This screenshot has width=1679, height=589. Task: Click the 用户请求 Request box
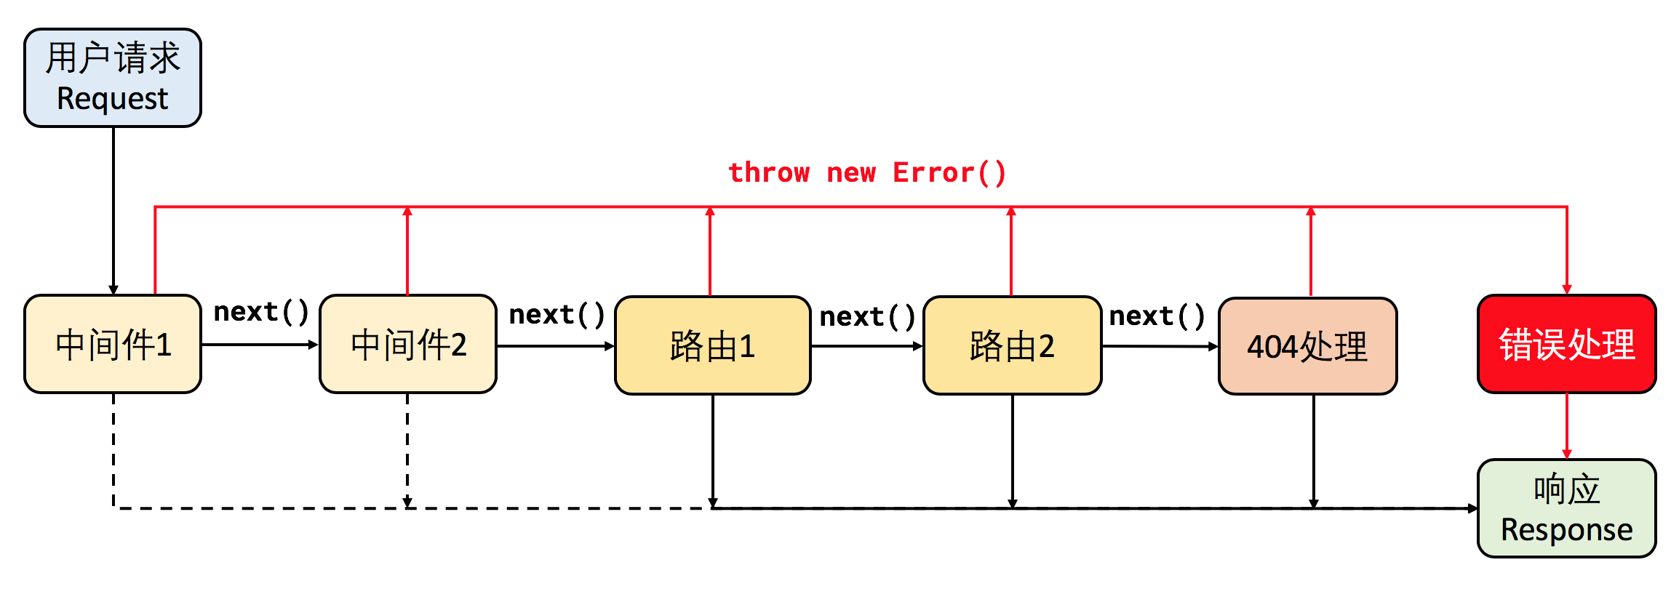click(x=113, y=78)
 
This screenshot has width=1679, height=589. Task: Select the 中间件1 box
click(x=113, y=344)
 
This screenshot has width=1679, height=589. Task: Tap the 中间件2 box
click(x=408, y=344)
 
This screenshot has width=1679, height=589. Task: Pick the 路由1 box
click(x=712, y=345)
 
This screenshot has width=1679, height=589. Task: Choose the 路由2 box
click(x=1012, y=345)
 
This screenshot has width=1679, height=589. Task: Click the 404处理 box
click(x=1307, y=346)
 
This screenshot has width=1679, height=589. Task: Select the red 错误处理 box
click(x=1566, y=344)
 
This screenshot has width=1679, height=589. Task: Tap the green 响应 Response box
click(x=1566, y=508)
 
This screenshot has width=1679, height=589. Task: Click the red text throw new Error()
click(x=867, y=173)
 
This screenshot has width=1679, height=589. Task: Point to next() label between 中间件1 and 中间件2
click(x=260, y=312)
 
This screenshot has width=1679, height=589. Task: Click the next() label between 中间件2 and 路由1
click(x=557, y=315)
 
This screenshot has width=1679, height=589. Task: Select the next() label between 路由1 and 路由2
click(x=866, y=317)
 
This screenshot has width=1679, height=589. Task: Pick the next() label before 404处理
click(x=1156, y=316)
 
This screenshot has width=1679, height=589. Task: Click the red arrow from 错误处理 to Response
click(x=1566, y=425)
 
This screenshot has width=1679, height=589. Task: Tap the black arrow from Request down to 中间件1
click(x=113, y=211)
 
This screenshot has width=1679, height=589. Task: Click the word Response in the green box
click(x=1566, y=530)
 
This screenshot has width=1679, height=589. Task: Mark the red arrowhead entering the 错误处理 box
click(x=1566, y=289)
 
